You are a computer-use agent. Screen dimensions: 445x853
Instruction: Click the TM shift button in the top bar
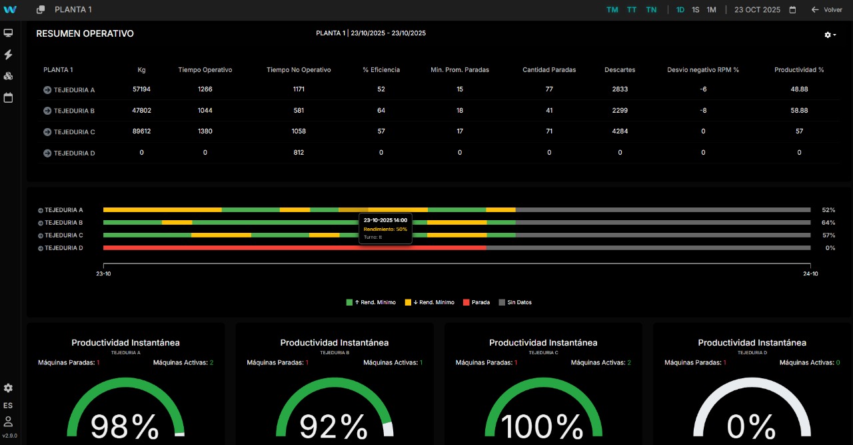pyautogui.click(x=612, y=10)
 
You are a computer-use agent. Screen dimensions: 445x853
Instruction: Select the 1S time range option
pyautogui.click(x=696, y=10)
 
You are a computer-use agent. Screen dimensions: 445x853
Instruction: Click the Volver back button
pyautogui.click(x=827, y=10)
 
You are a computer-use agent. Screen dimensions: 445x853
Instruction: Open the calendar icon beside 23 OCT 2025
pyautogui.click(x=792, y=10)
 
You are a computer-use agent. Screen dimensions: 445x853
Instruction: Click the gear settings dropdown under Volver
pyautogui.click(x=830, y=35)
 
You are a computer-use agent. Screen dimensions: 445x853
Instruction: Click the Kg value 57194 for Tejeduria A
pyautogui.click(x=141, y=89)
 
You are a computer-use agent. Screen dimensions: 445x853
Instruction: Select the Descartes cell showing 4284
pyautogui.click(x=620, y=131)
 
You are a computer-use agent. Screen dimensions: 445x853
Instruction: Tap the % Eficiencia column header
pyautogui.click(x=381, y=70)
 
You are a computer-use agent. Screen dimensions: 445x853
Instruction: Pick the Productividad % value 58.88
pyautogui.click(x=799, y=111)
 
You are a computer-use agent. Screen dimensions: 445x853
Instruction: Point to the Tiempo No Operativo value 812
pyautogui.click(x=299, y=153)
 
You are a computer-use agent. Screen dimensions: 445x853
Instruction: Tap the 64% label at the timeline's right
pyautogui.click(x=828, y=223)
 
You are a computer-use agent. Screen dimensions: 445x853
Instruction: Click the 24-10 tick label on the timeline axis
pyautogui.click(x=810, y=274)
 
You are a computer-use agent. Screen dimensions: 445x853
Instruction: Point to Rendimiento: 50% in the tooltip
pyautogui.click(x=385, y=229)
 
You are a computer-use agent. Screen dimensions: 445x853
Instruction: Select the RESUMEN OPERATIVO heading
pyautogui.click(x=85, y=33)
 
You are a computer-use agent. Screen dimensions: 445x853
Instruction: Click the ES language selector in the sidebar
pyautogui.click(x=8, y=406)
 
